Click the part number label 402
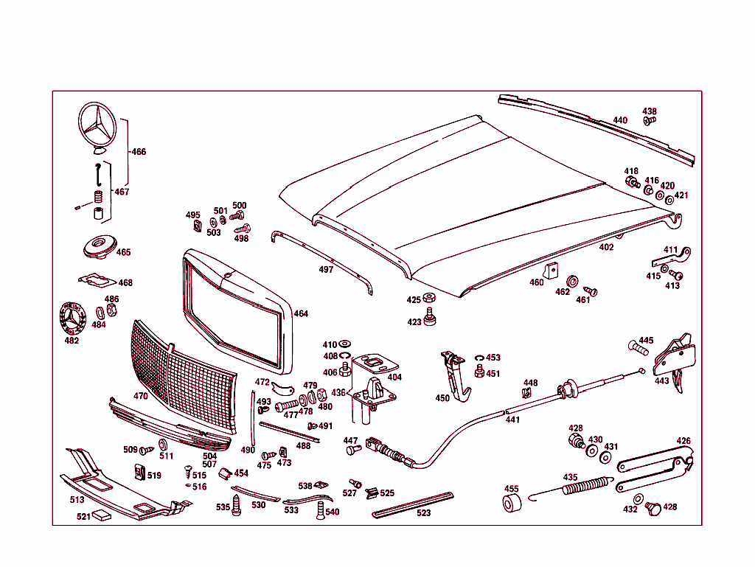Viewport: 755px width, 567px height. coord(606,248)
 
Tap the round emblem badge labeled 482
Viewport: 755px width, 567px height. coord(71,320)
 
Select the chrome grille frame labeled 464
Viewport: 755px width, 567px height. coord(234,310)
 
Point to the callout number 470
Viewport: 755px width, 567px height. coord(141,396)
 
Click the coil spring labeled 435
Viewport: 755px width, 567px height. coord(588,487)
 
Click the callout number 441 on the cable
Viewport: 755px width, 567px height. coord(512,420)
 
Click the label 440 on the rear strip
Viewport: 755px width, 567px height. coord(620,120)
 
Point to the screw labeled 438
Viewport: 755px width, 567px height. coord(650,120)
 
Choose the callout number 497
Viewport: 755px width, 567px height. coord(326,270)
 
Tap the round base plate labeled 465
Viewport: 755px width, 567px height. coord(99,248)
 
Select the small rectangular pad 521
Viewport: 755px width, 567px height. coord(102,516)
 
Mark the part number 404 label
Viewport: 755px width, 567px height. coord(394,377)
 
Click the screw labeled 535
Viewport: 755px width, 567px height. coord(237,505)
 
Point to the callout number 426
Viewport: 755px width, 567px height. coord(683,441)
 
